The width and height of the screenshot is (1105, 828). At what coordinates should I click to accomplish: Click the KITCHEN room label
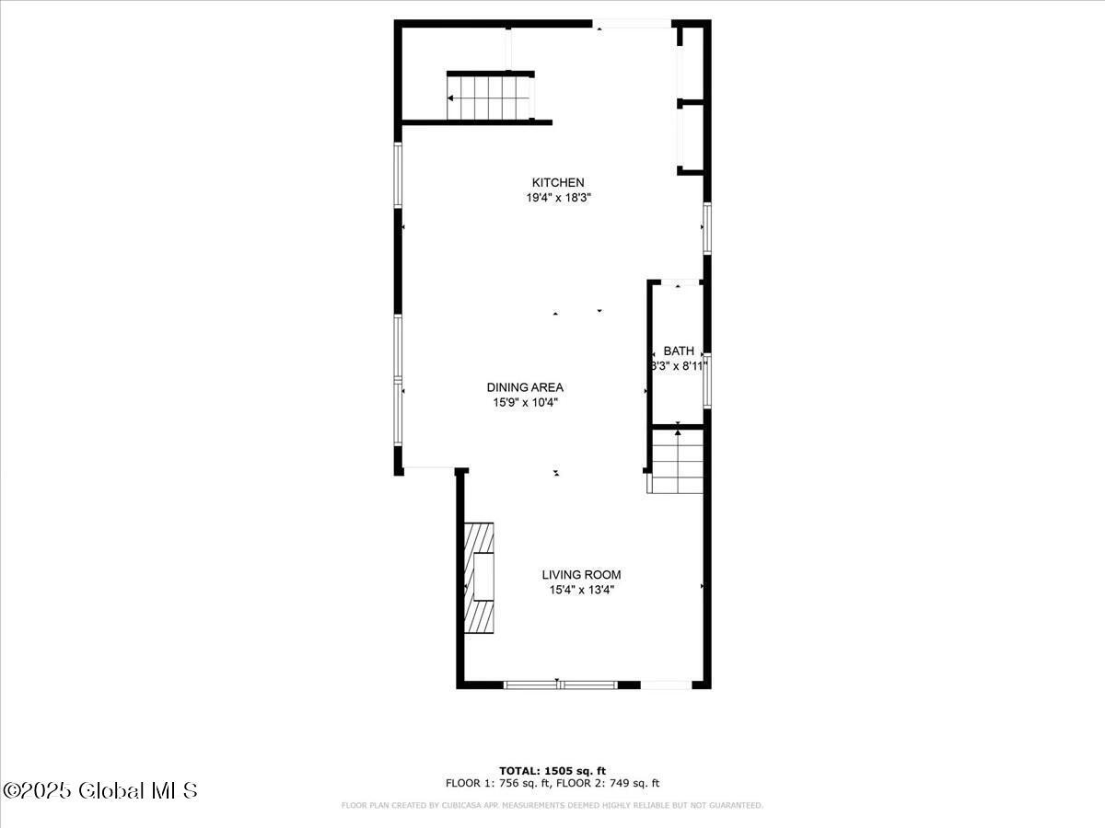(558, 182)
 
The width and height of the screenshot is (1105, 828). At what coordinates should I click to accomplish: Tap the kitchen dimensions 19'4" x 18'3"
(558, 197)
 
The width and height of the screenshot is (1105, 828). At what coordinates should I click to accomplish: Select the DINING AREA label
(525, 387)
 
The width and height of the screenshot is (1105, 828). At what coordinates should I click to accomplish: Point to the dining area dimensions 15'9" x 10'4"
(525, 402)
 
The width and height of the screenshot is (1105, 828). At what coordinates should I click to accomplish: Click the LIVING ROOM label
(581, 575)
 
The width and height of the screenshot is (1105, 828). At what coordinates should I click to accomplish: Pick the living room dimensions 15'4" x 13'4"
(581, 590)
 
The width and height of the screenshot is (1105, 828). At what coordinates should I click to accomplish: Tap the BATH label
(679, 351)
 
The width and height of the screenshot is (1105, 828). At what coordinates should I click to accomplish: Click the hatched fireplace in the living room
(479, 578)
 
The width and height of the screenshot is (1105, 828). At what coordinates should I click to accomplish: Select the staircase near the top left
(490, 97)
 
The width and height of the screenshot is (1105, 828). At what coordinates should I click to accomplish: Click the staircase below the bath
(677, 463)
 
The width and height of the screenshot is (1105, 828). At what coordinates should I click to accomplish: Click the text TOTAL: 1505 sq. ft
(552, 771)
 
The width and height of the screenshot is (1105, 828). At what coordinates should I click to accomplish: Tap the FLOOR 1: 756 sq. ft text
(497, 784)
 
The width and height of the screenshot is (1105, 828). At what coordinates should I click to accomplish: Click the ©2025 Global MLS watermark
(101, 790)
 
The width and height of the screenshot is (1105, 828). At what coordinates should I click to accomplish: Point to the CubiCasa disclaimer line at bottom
(552, 806)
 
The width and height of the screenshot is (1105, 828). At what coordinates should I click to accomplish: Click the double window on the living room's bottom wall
(560, 684)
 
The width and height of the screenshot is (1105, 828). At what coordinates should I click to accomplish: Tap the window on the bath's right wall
(707, 379)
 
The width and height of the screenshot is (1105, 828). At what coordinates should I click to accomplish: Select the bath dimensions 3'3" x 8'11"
(679, 365)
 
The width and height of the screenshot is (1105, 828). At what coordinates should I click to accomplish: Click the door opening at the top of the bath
(679, 283)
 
